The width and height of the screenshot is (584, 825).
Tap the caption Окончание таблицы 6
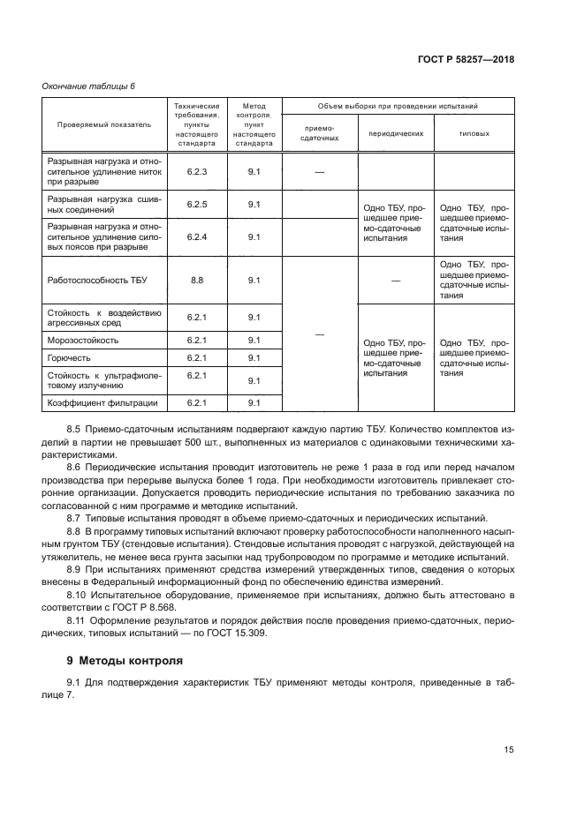(87, 86)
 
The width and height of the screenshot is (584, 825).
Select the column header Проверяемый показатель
(104, 124)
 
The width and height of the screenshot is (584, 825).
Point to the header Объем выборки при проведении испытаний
(395, 105)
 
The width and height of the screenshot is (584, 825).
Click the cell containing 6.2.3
(196, 171)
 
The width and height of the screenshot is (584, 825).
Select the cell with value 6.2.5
(196, 204)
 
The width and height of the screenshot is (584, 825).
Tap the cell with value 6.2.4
(196, 236)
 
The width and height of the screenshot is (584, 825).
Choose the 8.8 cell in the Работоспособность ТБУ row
(196, 280)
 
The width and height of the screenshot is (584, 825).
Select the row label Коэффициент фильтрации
(102, 402)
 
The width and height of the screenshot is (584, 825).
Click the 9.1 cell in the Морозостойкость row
(254, 340)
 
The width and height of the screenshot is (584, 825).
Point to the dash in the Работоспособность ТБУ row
(395, 280)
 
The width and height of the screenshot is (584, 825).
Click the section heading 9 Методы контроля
(125, 659)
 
